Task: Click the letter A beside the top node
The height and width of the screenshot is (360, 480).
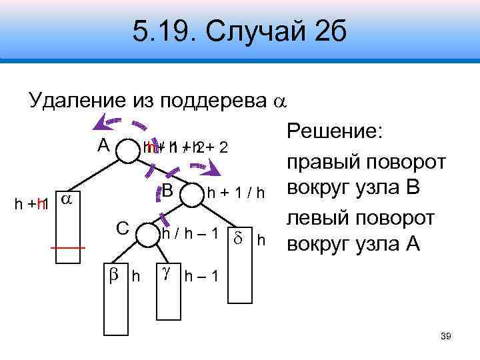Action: [x=103, y=145]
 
